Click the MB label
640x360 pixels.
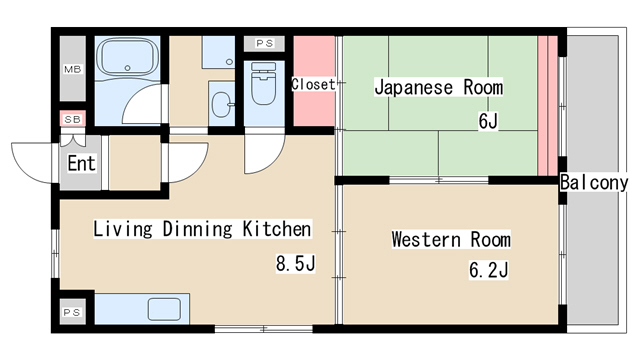[x=73, y=69]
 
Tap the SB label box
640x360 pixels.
[x=73, y=119]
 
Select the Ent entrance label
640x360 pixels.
[x=81, y=163]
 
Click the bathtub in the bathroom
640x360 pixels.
[x=129, y=58]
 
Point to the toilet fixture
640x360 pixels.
[x=263, y=84]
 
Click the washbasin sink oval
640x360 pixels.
[x=222, y=104]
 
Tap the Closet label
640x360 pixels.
[x=313, y=84]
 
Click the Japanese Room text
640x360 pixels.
[x=439, y=87]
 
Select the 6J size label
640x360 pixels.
[x=488, y=121]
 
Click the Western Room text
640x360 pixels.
[x=451, y=239]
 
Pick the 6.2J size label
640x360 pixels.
[x=489, y=270]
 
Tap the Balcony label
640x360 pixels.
[x=594, y=182]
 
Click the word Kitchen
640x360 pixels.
[x=277, y=229]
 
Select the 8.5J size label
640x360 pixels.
[x=296, y=264]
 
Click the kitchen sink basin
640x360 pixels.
[x=164, y=309]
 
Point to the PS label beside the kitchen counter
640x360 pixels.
[x=72, y=313]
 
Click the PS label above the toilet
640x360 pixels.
[x=264, y=43]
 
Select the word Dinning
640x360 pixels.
[x=197, y=229]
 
